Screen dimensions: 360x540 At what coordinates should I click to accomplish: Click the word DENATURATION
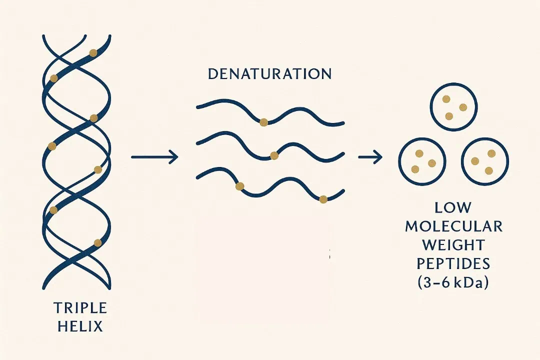tap(269, 74)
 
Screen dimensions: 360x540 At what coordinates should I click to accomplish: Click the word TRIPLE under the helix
tap(79, 307)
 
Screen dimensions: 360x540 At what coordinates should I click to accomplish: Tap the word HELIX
tap(79, 327)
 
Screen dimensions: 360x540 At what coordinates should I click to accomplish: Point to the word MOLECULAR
tap(453, 226)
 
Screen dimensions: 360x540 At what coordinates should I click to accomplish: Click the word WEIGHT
tap(453, 245)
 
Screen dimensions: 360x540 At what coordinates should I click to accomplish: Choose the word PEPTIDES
tap(453, 264)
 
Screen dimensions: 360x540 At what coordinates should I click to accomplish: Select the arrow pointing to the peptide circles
tap(370, 157)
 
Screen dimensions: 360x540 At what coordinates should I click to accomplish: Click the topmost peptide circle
tap(453, 107)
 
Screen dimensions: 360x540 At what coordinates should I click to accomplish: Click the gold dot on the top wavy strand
tap(263, 122)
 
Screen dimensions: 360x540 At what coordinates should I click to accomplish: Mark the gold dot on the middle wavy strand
tap(274, 155)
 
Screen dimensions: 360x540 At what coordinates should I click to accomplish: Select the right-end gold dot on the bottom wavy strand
tap(323, 199)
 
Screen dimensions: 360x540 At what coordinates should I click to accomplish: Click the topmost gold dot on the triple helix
tap(93, 52)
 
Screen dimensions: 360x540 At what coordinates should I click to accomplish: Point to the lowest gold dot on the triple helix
tap(97, 243)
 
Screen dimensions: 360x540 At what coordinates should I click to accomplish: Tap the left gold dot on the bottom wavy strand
tap(239, 186)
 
